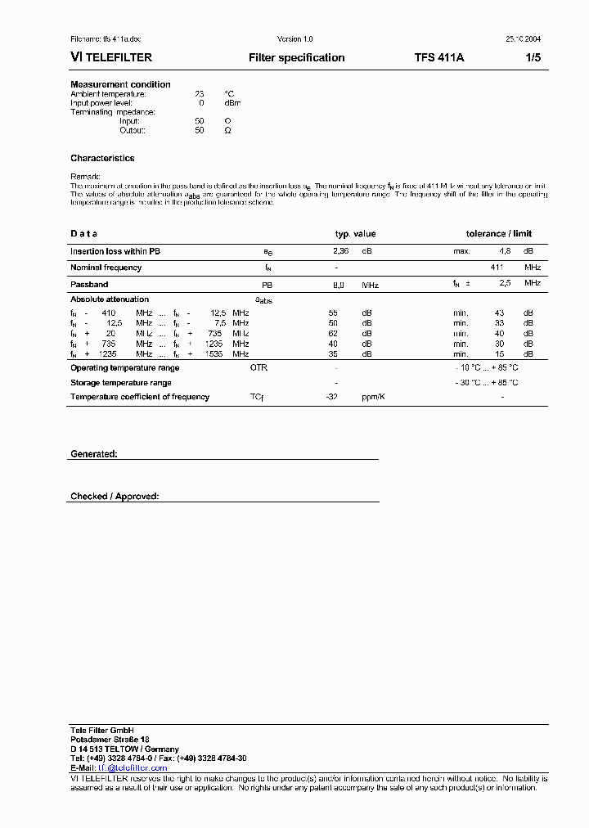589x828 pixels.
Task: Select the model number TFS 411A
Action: click(x=439, y=58)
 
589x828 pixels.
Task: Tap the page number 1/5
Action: click(x=533, y=58)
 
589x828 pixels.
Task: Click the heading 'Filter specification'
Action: click(x=296, y=58)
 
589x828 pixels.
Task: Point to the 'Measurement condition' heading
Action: click(x=120, y=84)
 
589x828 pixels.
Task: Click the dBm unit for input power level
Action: click(x=232, y=103)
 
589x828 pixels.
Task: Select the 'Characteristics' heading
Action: click(x=102, y=158)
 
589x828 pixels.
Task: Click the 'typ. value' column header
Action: click(x=355, y=234)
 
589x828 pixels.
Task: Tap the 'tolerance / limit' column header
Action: click(x=498, y=234)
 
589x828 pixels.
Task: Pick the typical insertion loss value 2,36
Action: click(x=340, y=251)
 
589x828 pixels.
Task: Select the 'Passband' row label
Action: click(x=89, y=284)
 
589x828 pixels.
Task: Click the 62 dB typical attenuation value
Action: click(x=333, y=334)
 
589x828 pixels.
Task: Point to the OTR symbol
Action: click(x=259, y=368)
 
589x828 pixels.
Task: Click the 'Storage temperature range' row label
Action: click(x=121, y=383)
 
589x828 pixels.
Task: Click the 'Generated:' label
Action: click(x=94, y=453)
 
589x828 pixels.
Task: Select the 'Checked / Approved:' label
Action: click(x=115, y=497)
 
